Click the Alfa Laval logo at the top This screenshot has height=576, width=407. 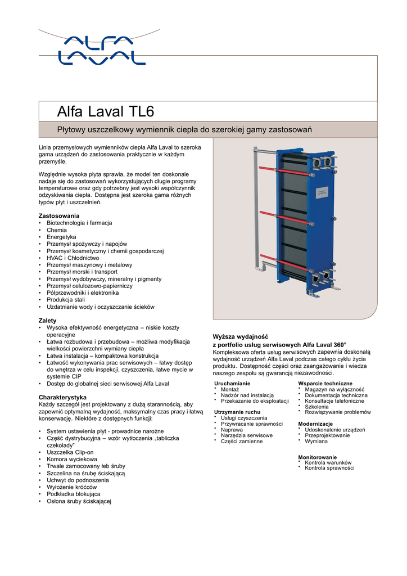coord(101,49)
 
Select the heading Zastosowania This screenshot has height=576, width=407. coord(59,216)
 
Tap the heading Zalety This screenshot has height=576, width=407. coord(47,321)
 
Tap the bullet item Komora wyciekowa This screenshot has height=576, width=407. coord(72,460)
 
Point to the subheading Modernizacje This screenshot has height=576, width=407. coord(315,424)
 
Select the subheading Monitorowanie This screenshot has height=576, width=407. coord(318,457)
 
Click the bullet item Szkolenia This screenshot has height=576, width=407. coord(316,406)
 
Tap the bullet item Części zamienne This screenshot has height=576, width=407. coord(241,442)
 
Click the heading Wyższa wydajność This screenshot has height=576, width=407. coord(242,336)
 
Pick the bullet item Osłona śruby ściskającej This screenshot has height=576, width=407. coord(79,501)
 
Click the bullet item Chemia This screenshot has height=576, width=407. coord(57,230)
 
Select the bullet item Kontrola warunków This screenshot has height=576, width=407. coord(328,462)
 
